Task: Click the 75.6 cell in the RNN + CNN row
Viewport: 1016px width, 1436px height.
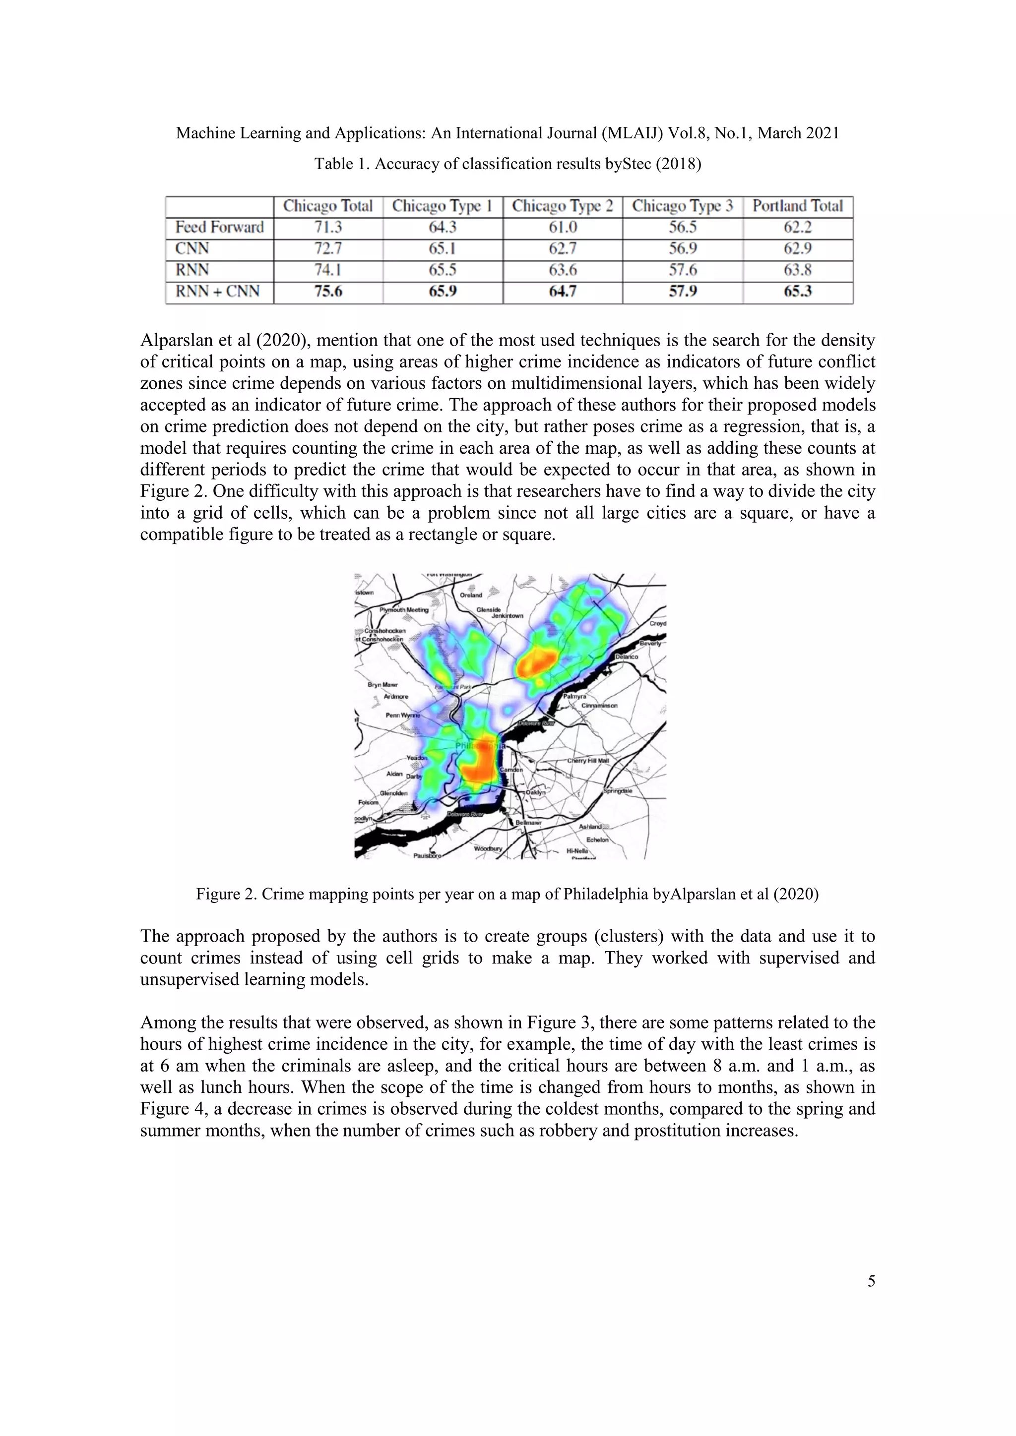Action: tap(328, 292)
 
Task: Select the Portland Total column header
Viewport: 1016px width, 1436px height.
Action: tap(798, 206)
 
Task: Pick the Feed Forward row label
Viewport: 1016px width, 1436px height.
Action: tap(220, 227)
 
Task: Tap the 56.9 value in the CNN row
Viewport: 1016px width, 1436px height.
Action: tap(683, 248)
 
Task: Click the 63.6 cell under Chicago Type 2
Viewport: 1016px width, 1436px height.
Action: tap(563, 270)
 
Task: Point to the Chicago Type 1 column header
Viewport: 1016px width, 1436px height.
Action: tap(443, 206)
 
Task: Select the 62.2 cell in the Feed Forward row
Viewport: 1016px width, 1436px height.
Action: tap(798, 227)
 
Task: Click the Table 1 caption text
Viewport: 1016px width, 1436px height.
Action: tap(508, 164)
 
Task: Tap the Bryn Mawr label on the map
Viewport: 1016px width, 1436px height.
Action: tap(382, 685)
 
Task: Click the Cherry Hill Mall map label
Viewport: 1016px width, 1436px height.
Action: tap(588, 761)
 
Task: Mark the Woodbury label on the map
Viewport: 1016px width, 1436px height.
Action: tap(488, 849)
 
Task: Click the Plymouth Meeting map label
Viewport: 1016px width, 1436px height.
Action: tap(404, 610)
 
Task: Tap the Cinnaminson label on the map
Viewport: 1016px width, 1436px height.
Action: tap(599, 706)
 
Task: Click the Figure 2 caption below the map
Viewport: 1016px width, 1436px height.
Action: tap(508, 894)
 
